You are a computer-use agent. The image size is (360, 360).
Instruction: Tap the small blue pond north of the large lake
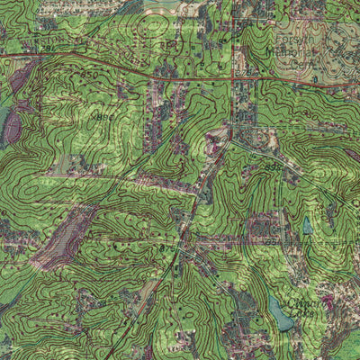click(x=307, y=226)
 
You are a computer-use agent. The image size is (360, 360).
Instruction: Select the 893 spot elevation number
click(x=273, y=167)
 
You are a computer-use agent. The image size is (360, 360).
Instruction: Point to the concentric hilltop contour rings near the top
click(x=153, y=22)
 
